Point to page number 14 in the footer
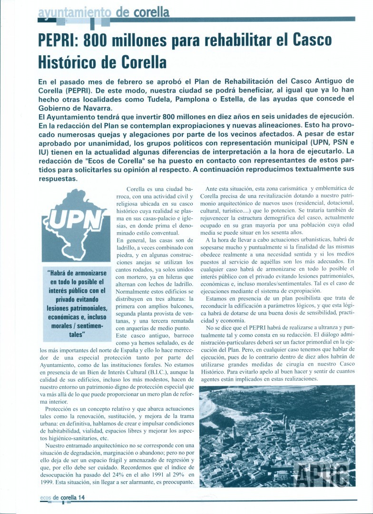81,497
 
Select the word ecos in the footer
43,497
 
